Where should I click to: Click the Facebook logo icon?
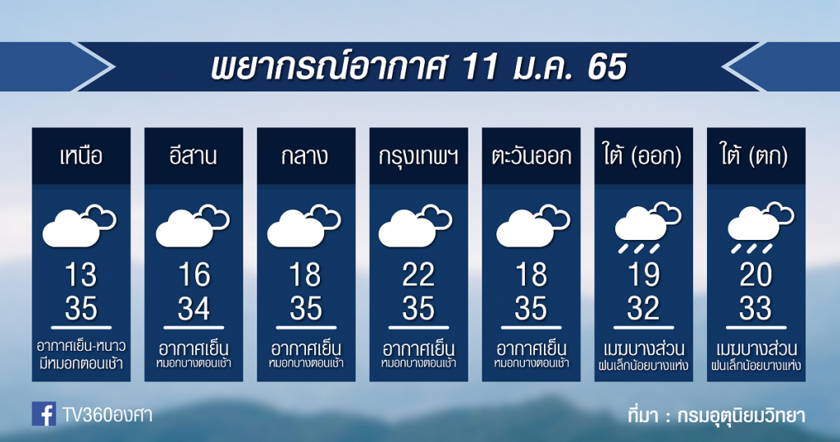tap(44, 414)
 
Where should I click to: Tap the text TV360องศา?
tap(107, 415)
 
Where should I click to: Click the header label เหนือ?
tap(81, 156)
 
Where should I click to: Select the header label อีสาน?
tap(194, 155)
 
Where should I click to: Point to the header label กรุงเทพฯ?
tap(418, 157)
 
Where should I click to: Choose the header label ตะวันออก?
tap(531, 156)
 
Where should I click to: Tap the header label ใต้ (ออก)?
tap(643, 155)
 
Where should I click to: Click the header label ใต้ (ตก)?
tap(756, 155)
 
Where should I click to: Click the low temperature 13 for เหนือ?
tap(81, 274)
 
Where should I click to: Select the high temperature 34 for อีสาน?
tap(194, 308)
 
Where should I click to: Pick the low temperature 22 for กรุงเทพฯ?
tap(418, 274)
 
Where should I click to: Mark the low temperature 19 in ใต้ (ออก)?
tap(643, 274)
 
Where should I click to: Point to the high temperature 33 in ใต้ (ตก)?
tap(756, 308)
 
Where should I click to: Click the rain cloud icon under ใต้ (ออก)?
tap(647, 228)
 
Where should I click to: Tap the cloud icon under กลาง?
tap(304, 225)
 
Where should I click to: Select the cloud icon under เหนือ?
tap(79, 225)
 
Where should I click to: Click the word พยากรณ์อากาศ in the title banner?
tap(328, 67)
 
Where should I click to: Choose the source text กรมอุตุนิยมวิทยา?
tap(741, 415)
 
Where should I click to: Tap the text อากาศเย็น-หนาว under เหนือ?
tap(81, 345)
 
